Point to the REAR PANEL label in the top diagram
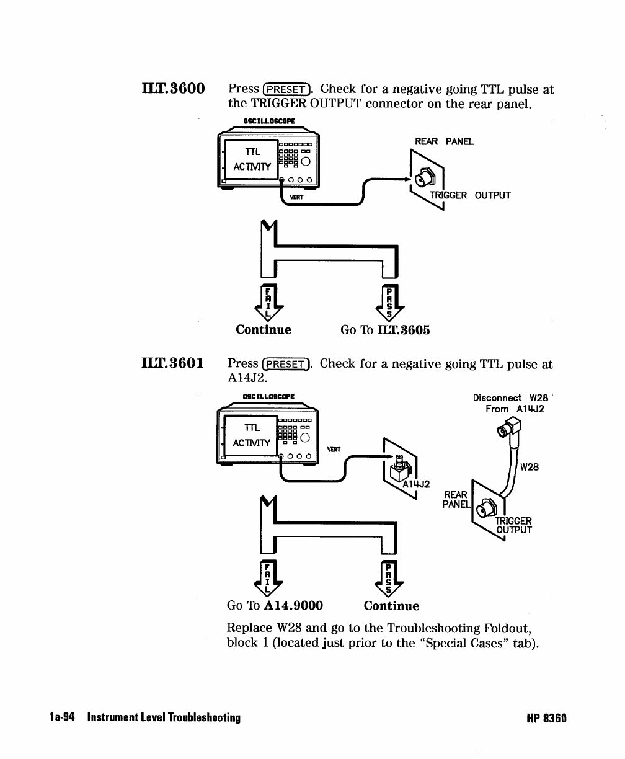444,141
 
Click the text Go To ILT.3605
385,330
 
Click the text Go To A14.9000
275,606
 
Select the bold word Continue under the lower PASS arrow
391,606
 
